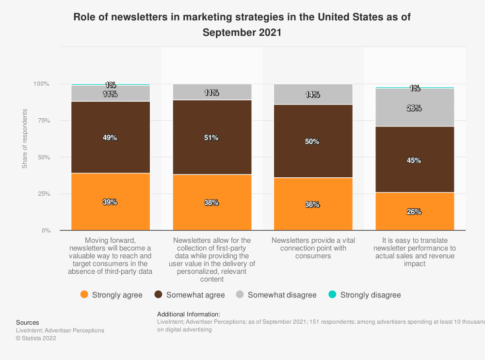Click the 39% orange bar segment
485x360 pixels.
[111, 202]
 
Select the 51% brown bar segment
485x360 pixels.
[212, 137]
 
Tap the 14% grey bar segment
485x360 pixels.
[313, 94]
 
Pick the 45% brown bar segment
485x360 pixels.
[414, 159]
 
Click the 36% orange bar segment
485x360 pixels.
[313, 204]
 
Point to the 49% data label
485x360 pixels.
[110, 138]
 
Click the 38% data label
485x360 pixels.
[211, 203]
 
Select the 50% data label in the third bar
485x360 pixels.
[313, 141]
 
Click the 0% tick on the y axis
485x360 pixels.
[46, 231]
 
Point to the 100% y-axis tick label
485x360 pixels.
[41, 84]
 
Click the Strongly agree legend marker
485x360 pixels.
[84, 295]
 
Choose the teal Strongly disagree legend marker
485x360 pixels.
[332, 295]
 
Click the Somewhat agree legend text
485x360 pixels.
[195, 295]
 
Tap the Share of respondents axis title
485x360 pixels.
[25, 139]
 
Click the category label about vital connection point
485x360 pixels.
[313, 248]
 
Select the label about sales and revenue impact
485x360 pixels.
[414, 252]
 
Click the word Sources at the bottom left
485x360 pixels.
[28, 322]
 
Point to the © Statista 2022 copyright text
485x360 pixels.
[36, 339]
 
